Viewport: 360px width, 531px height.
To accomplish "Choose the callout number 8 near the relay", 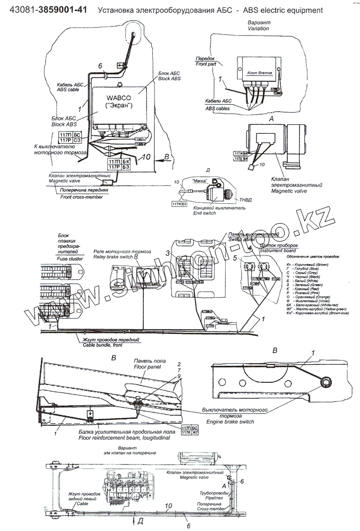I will pos(136,256).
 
